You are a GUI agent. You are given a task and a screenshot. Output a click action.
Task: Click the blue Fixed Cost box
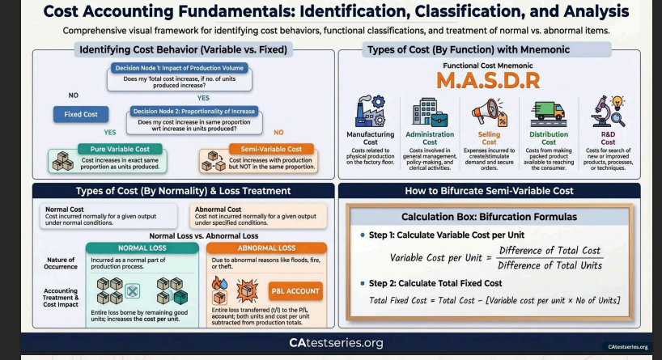click(81, 114)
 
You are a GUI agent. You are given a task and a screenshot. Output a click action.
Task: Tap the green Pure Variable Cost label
click(120, 149)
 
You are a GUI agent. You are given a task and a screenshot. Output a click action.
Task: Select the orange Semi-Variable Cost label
click(271, 149)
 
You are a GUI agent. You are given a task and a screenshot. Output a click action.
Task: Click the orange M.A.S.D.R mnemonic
click(488, 81)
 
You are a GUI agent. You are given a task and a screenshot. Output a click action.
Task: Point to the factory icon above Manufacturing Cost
click(371, 111)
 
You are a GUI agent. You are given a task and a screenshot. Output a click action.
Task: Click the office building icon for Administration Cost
click(430, 112)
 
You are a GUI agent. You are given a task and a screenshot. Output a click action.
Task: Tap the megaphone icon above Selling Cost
click(490, 112)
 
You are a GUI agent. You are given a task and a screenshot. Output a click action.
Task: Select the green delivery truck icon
click(549, 113)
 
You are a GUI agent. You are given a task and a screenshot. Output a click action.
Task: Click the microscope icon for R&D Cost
click(608, 112)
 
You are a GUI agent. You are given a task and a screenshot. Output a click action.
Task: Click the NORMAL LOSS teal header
click(142, 248)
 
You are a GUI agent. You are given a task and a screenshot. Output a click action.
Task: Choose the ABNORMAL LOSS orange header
click(266, 248)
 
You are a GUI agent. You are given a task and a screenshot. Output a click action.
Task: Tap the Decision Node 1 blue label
click(180, 68)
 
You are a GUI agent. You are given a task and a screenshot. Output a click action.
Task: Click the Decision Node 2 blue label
click(194, 112)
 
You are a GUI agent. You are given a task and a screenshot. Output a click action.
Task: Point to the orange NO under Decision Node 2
click(278, 133)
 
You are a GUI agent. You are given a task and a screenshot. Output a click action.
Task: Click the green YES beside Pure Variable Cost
click(110, 133)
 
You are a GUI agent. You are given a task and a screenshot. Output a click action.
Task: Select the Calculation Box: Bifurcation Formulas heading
click(489, 217)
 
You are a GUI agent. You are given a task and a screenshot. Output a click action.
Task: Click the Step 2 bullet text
click(435, 283)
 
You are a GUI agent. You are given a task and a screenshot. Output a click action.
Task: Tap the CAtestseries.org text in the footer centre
click(336, 343)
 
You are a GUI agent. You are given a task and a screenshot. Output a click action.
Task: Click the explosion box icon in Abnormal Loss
click(247, 290)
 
